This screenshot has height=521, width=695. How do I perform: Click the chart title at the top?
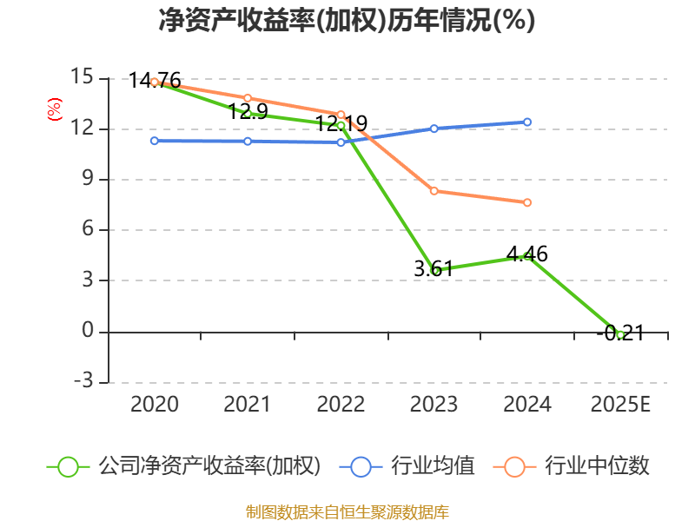[347, 20]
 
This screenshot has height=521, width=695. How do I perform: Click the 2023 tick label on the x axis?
[434, 404]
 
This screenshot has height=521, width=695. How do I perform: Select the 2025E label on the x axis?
[620, 404]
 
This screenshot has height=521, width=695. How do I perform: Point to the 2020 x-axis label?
[155, 404]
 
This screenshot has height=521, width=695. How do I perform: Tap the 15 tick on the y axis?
[82, 76]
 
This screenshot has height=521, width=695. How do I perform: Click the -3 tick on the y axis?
[83, 380]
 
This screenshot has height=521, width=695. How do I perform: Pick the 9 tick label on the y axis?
[88, 178]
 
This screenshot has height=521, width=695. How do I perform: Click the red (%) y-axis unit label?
[54, 109]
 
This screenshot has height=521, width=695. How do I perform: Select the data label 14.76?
[155, 81]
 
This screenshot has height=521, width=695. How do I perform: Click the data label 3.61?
[434, 268]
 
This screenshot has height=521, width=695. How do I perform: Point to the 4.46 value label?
[527, 254]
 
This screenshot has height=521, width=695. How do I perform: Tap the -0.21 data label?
[620, 333]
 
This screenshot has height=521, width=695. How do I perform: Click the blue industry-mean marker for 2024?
[527, 122]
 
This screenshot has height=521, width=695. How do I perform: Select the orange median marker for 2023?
[434, 191]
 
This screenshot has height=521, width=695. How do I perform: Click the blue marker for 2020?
[155, 141]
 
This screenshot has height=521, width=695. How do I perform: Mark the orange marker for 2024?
[527, 202]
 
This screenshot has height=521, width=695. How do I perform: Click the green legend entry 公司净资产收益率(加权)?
[183, 466]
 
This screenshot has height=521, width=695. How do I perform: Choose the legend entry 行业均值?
[407, 466]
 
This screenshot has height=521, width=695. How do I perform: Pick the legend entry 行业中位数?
[572, 466]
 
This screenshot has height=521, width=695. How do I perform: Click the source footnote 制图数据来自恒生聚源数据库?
[347, 512]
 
